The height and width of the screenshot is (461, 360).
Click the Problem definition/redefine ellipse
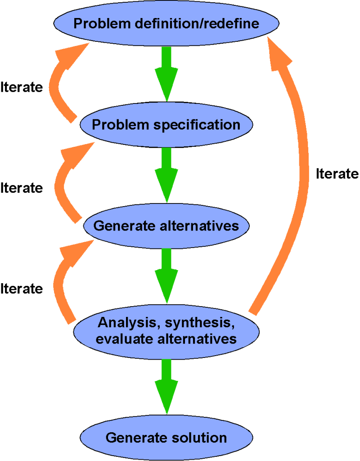pos(166,23)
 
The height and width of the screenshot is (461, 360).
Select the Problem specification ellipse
pos(166,125)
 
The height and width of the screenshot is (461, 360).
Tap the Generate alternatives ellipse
pos(166,226)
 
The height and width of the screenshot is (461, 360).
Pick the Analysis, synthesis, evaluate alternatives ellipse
pos(166,331)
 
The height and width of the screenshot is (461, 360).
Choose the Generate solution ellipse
pos(166,438)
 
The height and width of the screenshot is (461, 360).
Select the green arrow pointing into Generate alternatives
pos(166,175)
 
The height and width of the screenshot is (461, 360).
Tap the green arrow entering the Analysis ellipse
pos(166,276)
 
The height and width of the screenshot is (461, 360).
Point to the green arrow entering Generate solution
pos(166,387)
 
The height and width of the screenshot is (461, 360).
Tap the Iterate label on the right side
pos(337,174)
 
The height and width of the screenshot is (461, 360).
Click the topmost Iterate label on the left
pos(22,87)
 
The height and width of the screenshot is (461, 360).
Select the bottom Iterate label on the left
pos(22,289)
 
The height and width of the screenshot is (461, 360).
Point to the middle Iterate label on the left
pos(22,188)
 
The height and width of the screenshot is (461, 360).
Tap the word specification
pos(197,125)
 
